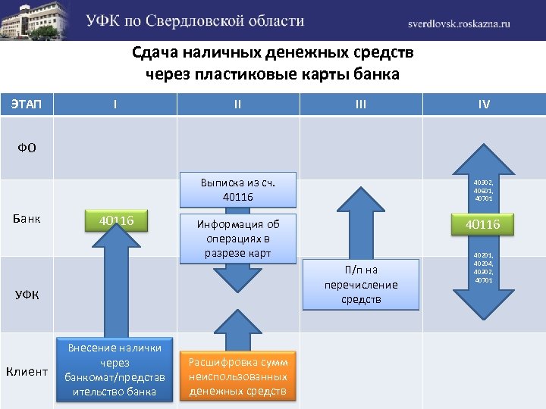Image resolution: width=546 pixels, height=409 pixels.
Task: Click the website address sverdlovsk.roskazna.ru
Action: [460, 23]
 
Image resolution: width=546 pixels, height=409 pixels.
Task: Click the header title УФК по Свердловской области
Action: [195, 21]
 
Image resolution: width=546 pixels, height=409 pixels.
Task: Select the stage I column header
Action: [115, 104]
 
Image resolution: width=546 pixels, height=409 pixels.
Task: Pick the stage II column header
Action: [237, 104]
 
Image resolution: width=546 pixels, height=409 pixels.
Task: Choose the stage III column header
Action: [360, 104]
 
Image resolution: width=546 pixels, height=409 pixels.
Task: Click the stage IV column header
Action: [484, 104]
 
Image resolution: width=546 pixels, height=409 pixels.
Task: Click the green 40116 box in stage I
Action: [115, 220]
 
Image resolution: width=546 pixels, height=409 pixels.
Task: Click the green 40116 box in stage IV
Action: [483, 225]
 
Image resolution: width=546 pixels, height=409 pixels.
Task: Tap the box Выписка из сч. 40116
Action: [237, 190]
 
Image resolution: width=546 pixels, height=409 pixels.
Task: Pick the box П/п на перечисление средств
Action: [361, 285]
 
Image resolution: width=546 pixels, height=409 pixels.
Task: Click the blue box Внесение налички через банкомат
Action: [115, 369]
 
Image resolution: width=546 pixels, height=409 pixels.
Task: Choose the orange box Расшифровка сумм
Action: [237, 376]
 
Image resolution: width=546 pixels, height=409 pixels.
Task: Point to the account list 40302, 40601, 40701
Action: [484, 190]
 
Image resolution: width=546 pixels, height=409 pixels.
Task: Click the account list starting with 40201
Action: [484, 268]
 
